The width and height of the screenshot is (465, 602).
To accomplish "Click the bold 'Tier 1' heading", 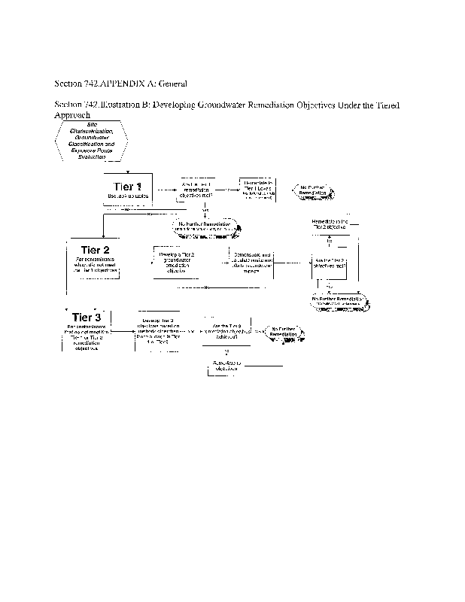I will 127,186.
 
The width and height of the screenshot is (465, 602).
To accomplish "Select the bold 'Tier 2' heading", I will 91,250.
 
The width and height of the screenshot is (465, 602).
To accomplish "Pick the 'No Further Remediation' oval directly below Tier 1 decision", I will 205,227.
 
